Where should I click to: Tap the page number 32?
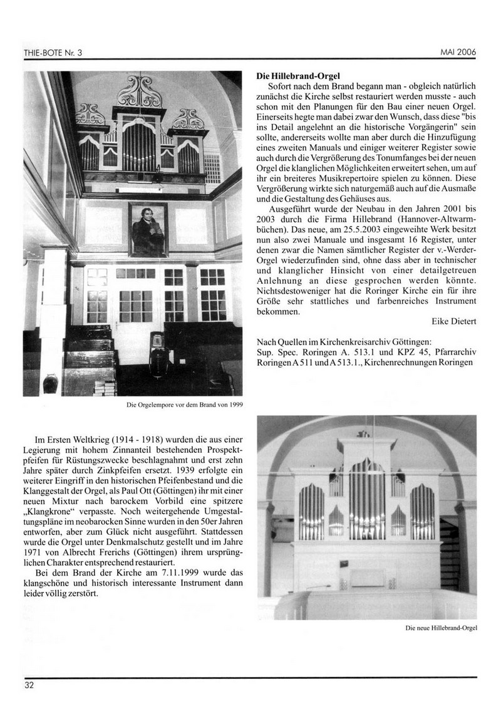click(x=29, y=685)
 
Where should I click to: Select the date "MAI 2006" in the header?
click(x=458, y=53)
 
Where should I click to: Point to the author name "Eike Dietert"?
click(x=454, y=321)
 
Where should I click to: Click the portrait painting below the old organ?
click(x=148, y=230)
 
